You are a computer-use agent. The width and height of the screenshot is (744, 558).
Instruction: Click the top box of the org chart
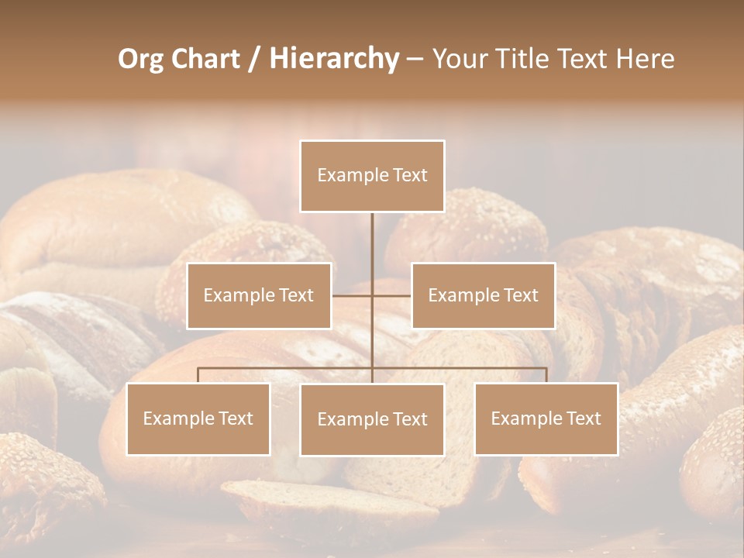click(x=372, y=176)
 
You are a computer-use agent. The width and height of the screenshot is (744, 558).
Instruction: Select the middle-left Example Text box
click(x=259, y=295)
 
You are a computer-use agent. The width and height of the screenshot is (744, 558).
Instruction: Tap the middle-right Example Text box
click(x=483, y=295)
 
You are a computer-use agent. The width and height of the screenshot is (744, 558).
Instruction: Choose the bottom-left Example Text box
click(x=198, y=418)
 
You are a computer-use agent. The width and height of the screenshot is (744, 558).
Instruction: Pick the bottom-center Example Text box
click(x=372, y=419)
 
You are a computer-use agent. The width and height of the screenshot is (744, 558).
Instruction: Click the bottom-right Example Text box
click(x=546, y=418)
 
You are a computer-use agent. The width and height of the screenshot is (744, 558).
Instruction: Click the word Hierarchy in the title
click(x=333, y=59)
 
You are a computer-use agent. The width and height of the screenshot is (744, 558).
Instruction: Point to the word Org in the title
click(x=140, y=59)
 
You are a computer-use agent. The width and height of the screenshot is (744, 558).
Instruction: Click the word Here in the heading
click(x=644, y=59)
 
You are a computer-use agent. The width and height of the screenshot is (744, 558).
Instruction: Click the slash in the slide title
click(x=254, y=59)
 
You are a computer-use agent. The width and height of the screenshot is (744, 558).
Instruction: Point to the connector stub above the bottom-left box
click(x=198, y=375)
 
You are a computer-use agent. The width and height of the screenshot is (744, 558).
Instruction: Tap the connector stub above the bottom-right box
click(x=546, y=375)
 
